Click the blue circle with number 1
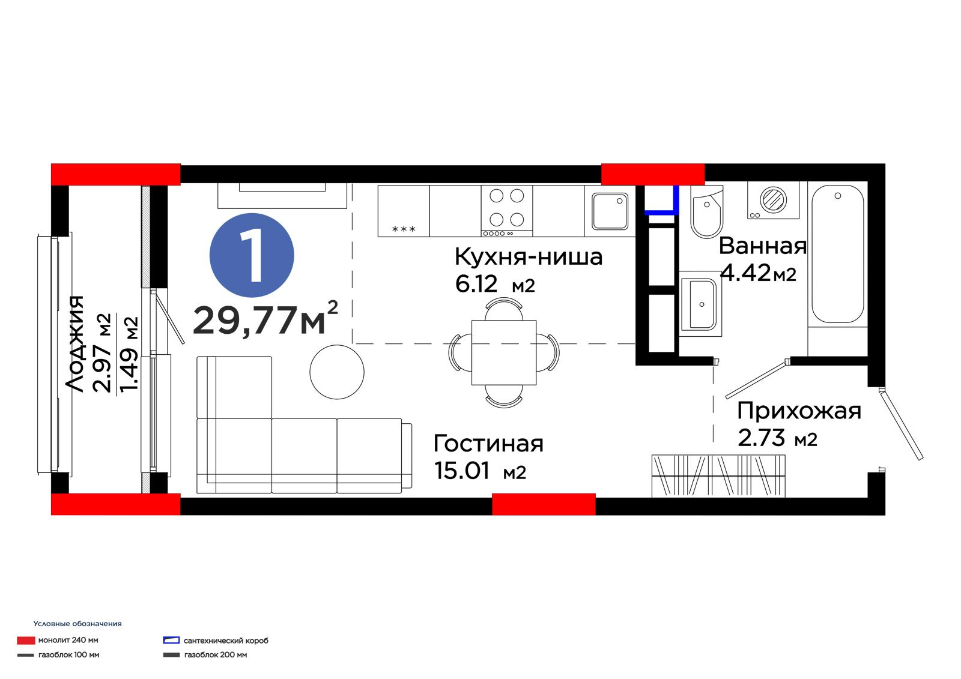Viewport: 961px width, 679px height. coord(252,255)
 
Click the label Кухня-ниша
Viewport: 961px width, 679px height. coord(529,257)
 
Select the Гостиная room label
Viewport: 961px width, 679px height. coord(488,444)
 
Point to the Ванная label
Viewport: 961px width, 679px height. coord(763,246)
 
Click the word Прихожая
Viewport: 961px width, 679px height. coord(799,411)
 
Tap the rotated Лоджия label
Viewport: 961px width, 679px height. coord(74,343)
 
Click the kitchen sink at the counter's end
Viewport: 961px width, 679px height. coord(610,211)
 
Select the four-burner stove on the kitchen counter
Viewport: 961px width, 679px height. coord(507,211)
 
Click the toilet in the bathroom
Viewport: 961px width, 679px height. coord(706,212)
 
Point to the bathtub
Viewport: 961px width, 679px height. coord(837,254)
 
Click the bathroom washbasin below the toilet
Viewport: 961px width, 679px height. coord(700,304)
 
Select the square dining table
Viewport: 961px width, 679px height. coord(504,352)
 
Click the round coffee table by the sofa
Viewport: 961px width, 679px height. coord(337,372)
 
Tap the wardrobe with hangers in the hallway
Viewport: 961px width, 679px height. coord(718,476)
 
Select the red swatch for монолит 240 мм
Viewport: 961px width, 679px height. coord(26,641)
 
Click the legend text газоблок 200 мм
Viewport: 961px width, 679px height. coord(216,655)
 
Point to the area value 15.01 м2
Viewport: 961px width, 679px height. coord(480,471)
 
